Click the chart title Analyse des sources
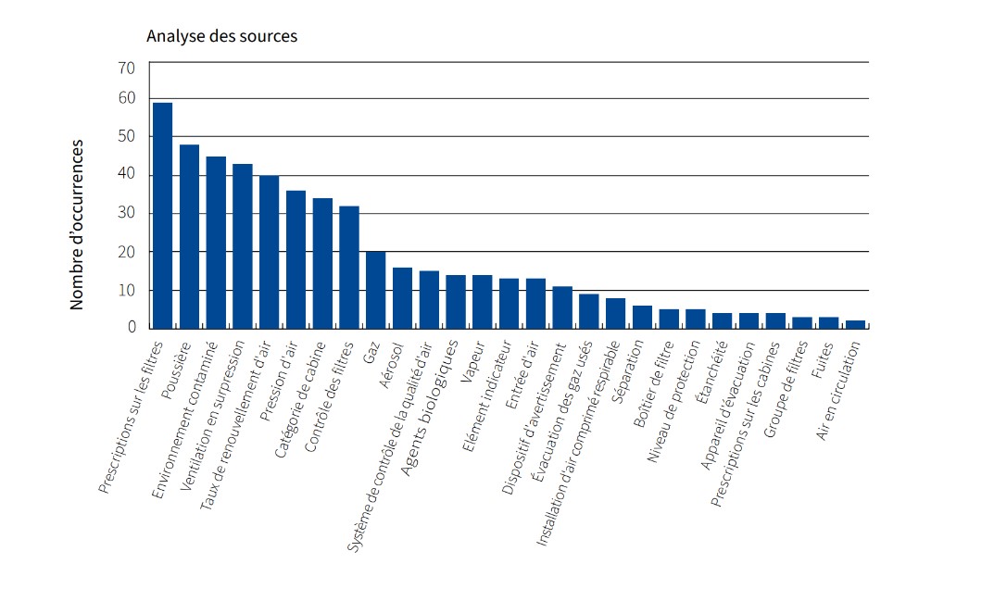[221, 37]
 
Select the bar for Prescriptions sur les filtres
[163, 215]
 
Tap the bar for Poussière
[189, 236]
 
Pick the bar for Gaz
[376, 290]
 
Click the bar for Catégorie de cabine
[322, 263]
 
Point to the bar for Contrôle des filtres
[349, 267]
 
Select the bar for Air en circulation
[856, 324]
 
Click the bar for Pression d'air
[296, 259]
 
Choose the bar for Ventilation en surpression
[243, 245]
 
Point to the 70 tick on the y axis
[126, 68]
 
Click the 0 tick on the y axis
[132, 328]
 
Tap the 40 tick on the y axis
[126, 175]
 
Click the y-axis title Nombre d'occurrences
[78, 224]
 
